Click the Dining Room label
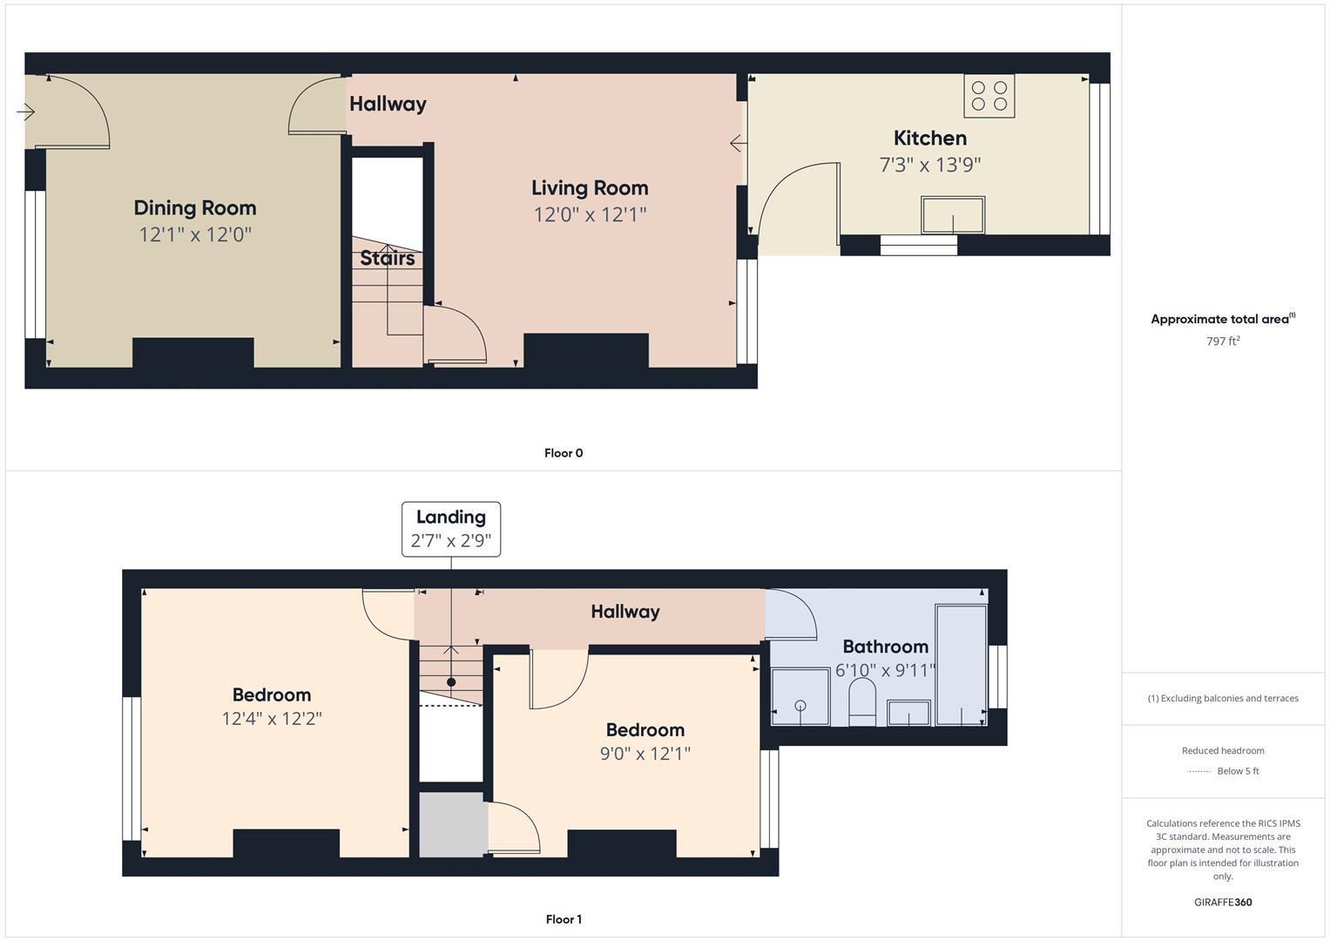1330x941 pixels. point(195,208)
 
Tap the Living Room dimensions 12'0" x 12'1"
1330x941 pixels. point(590,214)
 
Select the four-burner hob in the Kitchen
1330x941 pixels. point(989,96)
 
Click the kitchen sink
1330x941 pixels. point(953,215)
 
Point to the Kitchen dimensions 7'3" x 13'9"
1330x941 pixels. point(930,165)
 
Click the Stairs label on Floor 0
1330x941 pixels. point(387,258)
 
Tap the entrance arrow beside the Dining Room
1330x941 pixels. point(25,112)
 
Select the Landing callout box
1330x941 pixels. point(451,530)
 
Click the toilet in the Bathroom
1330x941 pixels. point(862,702)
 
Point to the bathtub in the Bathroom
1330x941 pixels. point(962,665)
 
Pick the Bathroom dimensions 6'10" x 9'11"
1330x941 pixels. point(885,671)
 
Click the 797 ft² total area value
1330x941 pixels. point(1223,341)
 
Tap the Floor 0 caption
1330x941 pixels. point(564,453)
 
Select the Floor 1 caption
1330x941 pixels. point(564,919)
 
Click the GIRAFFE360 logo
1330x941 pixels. point(1223,903)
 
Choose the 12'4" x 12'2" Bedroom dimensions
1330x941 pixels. point(272,719)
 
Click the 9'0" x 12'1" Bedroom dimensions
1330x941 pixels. point(645,754)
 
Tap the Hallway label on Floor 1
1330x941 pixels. point(625,612)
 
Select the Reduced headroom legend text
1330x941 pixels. point(1223,751)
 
